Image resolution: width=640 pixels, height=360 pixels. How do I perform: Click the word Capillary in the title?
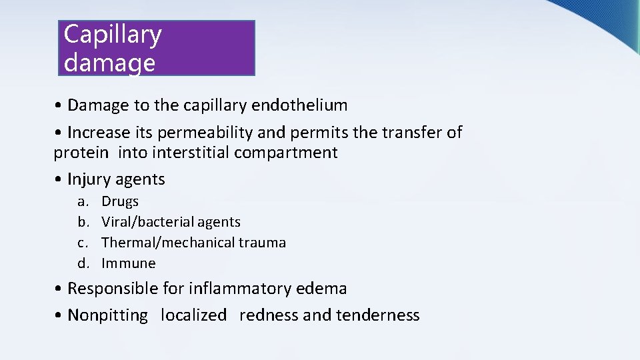click(112, 35)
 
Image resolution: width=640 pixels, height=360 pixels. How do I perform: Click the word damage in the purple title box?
click(109, 63)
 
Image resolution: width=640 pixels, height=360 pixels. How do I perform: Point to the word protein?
click(81, 153)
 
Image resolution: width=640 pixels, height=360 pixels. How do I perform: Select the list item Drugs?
click(120, 201)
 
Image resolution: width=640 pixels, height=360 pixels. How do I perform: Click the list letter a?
click(81, 201)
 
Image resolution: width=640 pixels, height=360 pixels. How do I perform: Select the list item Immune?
click(128, 263)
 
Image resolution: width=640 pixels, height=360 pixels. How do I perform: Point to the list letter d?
click(82, 263)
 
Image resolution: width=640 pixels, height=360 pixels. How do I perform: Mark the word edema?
click(325, 289)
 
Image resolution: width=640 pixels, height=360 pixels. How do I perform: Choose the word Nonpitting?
click(107, 315)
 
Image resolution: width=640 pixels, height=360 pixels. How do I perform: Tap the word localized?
click(193, 315)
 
